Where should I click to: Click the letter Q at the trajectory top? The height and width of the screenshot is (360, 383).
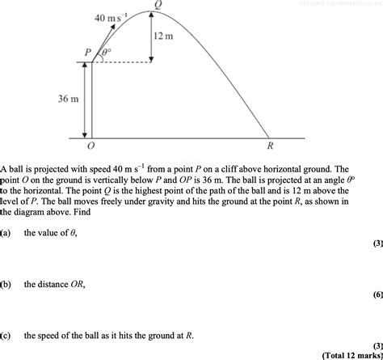click(158, 4)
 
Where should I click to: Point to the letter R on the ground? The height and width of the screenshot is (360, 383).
click(270, 147)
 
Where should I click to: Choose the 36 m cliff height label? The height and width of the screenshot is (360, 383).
click(68, 99)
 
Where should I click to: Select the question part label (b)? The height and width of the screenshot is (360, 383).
click(6, 284)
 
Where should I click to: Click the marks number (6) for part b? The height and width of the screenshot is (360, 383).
click(377, 295)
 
